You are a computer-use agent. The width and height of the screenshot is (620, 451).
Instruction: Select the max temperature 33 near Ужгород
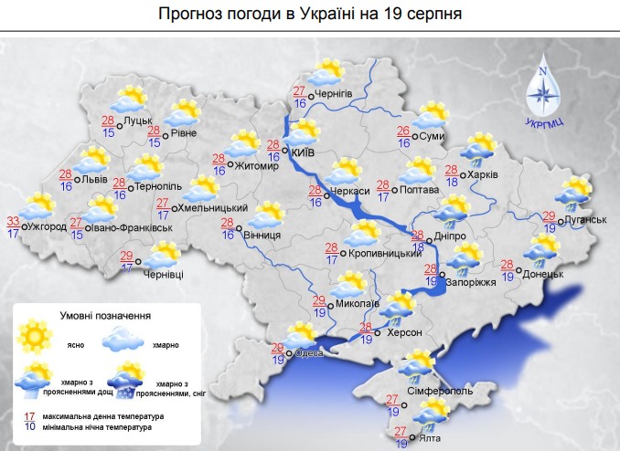pos(13,220)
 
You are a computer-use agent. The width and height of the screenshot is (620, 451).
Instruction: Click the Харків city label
pos(484,175)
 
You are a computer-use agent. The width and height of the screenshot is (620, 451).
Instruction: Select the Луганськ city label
pos(586,220)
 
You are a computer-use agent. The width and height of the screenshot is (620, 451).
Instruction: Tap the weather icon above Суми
pos(431,115)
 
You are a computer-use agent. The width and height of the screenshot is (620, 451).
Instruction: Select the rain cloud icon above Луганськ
pos(574,190)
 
